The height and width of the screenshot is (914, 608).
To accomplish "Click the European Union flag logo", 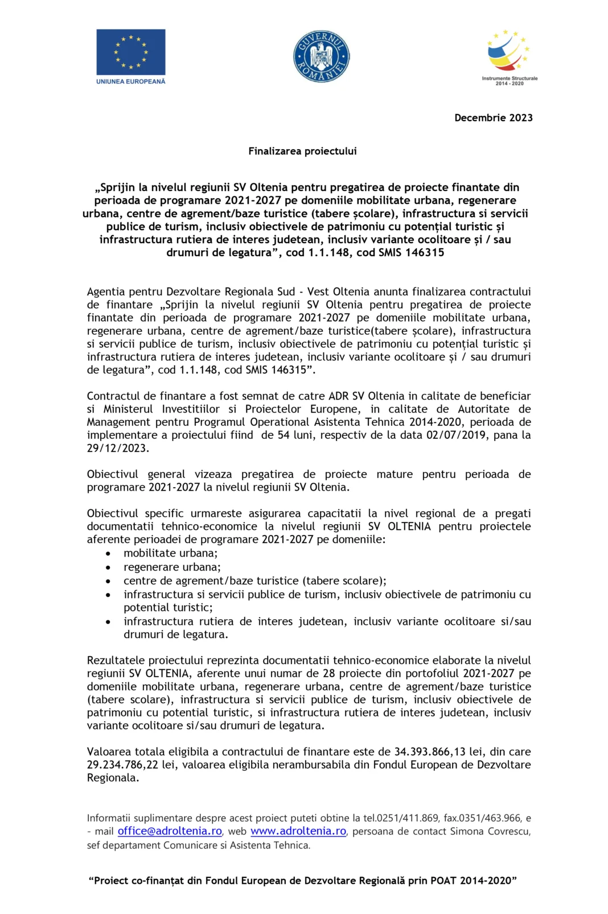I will click(130, 52).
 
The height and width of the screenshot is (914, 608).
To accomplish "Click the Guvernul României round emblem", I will click(321, 56).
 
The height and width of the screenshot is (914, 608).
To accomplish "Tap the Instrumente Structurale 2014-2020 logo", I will click(509, 57).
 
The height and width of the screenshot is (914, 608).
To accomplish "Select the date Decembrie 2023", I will click(493, 118).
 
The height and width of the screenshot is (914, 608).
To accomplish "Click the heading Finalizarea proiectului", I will click(302, 151).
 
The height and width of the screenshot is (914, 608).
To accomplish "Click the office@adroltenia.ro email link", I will click(170, 831).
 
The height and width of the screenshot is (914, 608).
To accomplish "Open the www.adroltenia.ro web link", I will click(298, 831).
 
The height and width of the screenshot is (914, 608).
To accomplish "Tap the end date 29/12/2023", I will click(117, 448).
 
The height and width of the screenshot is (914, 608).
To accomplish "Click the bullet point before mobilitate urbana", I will click(108, 553).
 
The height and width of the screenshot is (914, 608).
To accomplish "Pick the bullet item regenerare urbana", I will click(172, 567).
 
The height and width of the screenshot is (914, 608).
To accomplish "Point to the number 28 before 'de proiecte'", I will click(328, 673).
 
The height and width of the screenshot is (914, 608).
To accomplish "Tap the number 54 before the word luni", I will click(283, 435).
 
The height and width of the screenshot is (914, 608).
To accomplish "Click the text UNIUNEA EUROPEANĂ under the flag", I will click(130, 81).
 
